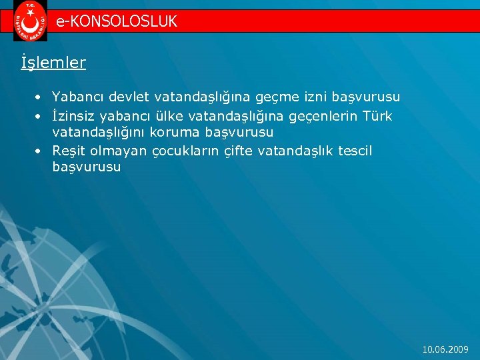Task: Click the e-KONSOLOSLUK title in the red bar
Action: (117, 21)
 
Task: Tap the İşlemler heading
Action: (53, 63)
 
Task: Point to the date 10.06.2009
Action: (446, 349)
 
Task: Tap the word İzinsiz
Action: (73, 116)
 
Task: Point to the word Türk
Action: (377, 116)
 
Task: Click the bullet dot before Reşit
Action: (40, 151)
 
